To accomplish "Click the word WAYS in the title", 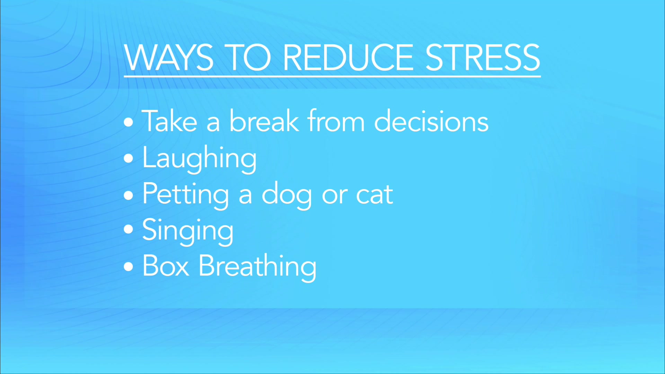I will pyautogui.click(x=169, y=58).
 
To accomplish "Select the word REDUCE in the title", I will pyautogui.click(x=348, y=58).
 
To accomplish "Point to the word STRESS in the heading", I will pyautogui.click(x=482, y=58).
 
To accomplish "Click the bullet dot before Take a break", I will pyautogui.click(x=128, y=122).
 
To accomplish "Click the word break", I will pyautogui.click(x=264, y=121).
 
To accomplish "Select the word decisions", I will pyautogui.click(x=431, y=121).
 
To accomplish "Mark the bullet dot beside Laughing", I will pyautogui.click(x=128, y=159).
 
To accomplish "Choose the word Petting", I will pyautogui.click(x=186, y=195).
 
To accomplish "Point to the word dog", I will pyautogui.click(x=287, y=195).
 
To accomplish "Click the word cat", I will pyautogui.click(x=374, y=195).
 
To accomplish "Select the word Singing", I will pyautogui.click(x=188, y=231).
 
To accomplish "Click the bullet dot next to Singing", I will pyautogui.click(x=128, y=229).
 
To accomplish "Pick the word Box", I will pyautogui.click(x=166, y=266).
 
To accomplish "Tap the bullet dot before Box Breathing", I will pyautogui.click(x=128, y=267).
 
